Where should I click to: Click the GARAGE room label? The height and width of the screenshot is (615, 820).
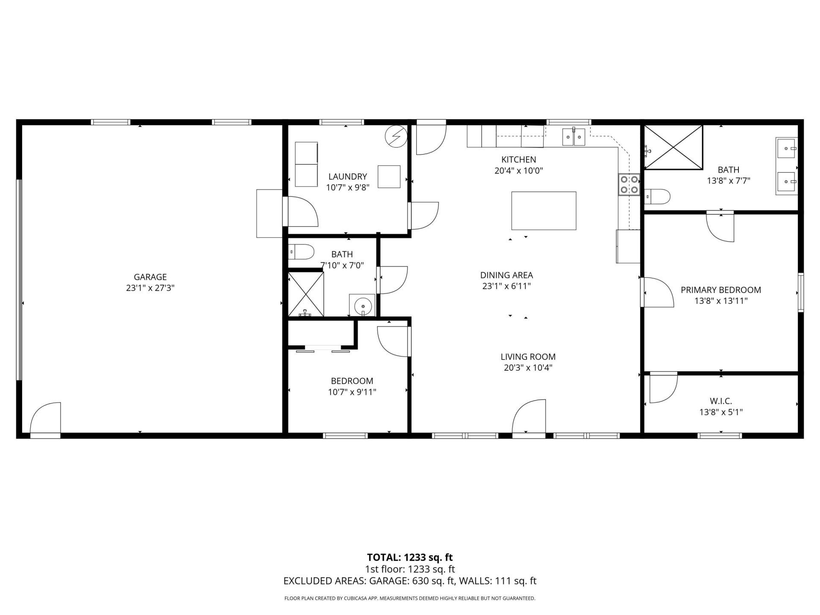click(150, 277)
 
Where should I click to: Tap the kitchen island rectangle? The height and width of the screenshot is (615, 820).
click(544, 211)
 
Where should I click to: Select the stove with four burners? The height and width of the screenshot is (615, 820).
click(629, 184)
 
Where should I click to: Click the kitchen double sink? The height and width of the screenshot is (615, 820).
click(573, 137)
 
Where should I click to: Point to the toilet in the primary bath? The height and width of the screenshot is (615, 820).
click(657, 196)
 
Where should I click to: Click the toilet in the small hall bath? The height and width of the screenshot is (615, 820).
click(301, 251)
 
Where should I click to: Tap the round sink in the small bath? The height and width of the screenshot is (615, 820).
click(362, 305)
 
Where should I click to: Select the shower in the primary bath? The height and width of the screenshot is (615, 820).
click(673, 147)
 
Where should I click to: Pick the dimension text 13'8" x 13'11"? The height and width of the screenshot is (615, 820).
click(721, 301)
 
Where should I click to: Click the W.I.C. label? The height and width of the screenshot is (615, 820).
click(721, 401)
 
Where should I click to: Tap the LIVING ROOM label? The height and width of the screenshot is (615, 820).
click(528, 357)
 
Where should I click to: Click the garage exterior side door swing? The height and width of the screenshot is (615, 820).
click(45, 419)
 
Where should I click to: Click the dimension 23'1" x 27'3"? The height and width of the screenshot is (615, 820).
click(150, 288)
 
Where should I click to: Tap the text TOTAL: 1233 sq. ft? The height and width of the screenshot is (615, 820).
click(410, 557)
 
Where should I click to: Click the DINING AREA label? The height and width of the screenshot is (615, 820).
click(507, 275)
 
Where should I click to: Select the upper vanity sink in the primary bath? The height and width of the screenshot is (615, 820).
click(786, 148)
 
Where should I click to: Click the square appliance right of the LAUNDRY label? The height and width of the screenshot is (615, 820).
click(389, 177)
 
